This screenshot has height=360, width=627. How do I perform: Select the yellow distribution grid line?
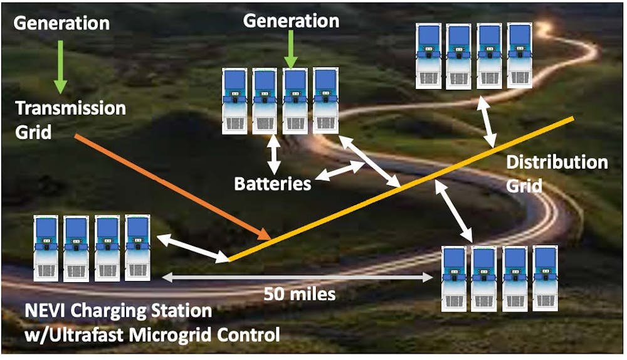(401, 189)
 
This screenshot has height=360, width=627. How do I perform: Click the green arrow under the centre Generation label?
(290, 49)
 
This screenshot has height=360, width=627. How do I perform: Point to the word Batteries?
(273, 184)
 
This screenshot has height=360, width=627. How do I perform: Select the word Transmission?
(71, 108)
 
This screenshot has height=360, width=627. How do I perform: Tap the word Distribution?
(557, 162)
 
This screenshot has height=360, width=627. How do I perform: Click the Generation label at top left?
(61, 24)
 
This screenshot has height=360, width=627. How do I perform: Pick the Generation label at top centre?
(291, 21)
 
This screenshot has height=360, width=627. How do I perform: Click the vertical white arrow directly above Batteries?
(273, 154)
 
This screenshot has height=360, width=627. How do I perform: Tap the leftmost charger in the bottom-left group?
(46, 248)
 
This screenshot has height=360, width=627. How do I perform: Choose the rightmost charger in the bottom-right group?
(545, 278)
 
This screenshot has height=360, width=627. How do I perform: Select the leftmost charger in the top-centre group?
(235, 100)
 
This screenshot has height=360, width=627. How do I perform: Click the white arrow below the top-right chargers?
(486, 124)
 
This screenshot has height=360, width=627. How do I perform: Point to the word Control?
(250, 335)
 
